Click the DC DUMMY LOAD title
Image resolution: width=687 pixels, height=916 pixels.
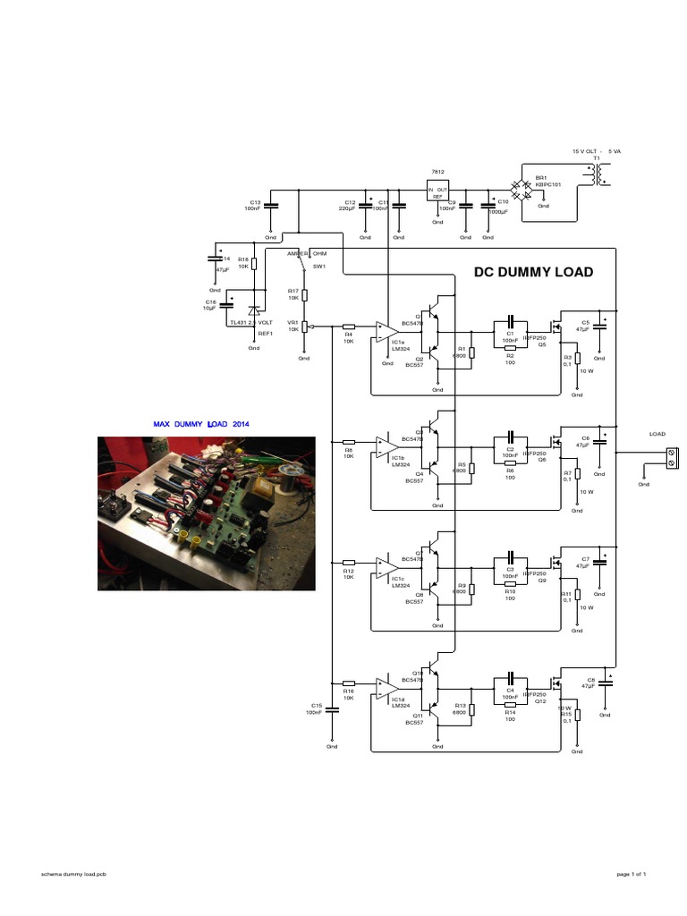(x=533, y=272)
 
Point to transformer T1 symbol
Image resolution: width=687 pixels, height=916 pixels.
(x=591, y=175)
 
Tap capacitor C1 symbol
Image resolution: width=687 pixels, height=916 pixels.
(x=510, y=321)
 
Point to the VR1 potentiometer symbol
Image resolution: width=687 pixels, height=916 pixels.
(x=304, y=327)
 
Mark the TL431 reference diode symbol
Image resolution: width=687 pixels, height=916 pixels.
(x=254, y=311)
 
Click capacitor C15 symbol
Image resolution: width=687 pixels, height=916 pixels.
(x=332, y=710)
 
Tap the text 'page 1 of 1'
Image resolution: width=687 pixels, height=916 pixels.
(x=631, y=873)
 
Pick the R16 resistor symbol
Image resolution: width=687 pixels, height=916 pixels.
(x=349, y=683)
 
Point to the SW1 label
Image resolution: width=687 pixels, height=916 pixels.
(x=319, y=266)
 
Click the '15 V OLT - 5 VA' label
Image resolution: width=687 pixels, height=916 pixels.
(x=596, y=151)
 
